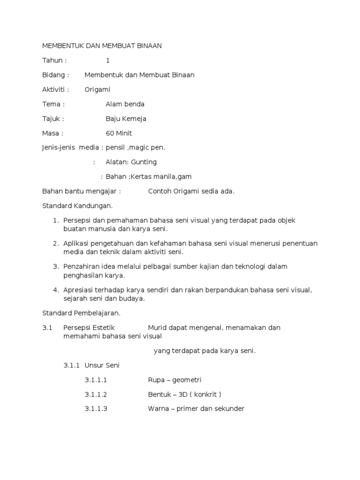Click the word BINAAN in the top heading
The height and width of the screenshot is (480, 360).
[147, 45]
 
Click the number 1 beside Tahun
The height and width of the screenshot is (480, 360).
[108, 60]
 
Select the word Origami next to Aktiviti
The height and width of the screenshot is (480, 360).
[97, 90]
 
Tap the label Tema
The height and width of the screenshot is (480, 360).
[52, 104]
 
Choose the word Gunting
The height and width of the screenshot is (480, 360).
[144, 162]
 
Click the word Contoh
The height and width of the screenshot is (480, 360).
[160, 191]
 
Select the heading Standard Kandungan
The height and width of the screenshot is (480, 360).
[77, 206]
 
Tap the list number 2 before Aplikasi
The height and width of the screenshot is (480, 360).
[55, 243]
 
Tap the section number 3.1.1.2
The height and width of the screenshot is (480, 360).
[96, 394]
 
